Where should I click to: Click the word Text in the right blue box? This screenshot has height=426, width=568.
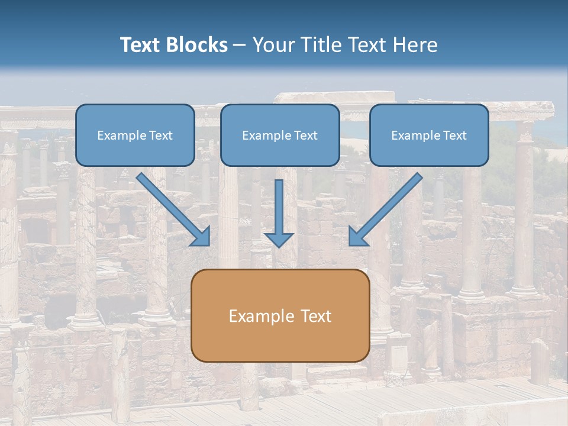[454, 135]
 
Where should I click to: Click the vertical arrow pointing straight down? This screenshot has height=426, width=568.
[279, 204]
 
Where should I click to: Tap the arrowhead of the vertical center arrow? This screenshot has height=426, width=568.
[279, 240]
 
